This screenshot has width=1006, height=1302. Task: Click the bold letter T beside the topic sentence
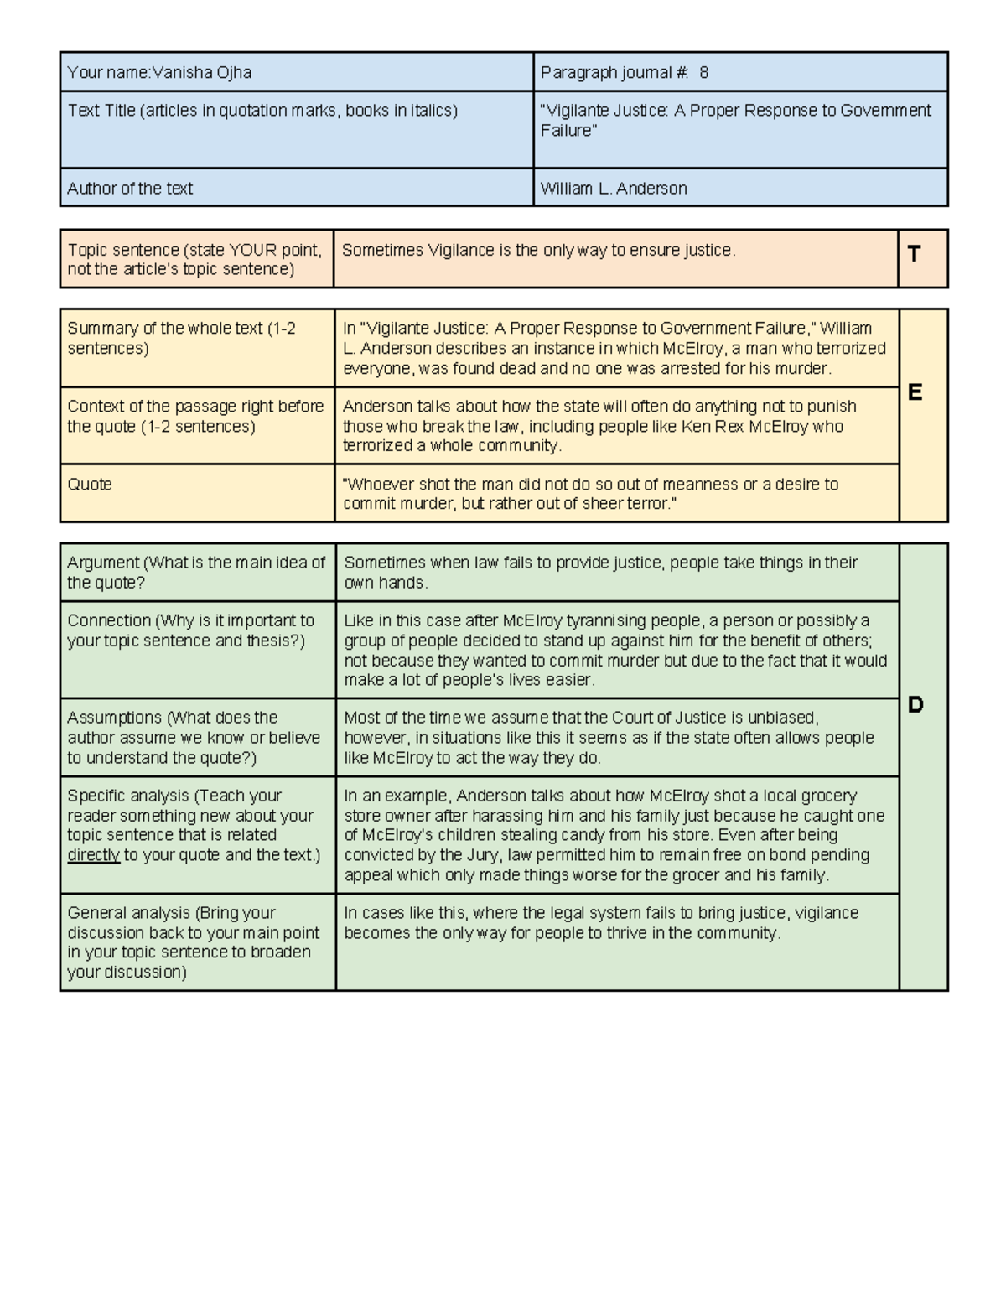[x=914, y=254]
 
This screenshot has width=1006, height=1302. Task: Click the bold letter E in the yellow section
[x=915, y=392]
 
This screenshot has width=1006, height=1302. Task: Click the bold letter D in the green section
[x=915, y=705]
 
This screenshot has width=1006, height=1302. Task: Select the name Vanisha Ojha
[x=201, y=73]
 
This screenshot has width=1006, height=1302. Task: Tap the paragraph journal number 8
[x=703, y=73]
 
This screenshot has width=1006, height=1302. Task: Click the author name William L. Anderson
[x=614, y=189]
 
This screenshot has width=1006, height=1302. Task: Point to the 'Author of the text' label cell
[x=130, y=189]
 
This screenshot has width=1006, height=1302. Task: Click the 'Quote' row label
[x=90, y=485]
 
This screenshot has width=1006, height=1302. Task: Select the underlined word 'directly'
[x=93, y=855]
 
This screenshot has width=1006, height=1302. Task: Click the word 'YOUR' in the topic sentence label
[x=253, y=250]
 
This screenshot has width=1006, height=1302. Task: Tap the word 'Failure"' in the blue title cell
[x=568, y=131]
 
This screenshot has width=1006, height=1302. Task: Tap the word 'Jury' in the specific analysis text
[x=482, y=855]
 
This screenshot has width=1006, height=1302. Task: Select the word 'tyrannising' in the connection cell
[x=609, y=621]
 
